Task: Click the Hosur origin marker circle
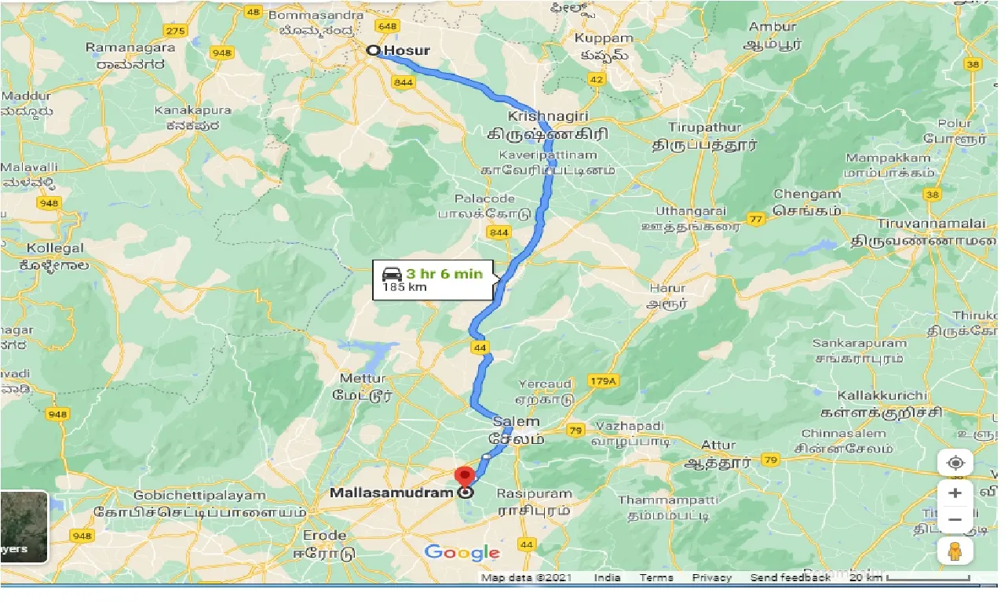[374, 51]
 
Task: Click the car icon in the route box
[391, 274]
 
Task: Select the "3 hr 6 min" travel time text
[444, 274]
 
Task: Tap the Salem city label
[516, 422]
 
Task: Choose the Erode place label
[326, 536]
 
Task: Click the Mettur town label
[362, 377]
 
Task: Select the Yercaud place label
[544, 384]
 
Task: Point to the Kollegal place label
[55, 248]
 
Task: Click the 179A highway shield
[603, 381]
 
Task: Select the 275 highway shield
[176, 31]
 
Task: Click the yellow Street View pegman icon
[955, 551]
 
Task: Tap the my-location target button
[955, 463]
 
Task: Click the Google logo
[462, 553]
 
